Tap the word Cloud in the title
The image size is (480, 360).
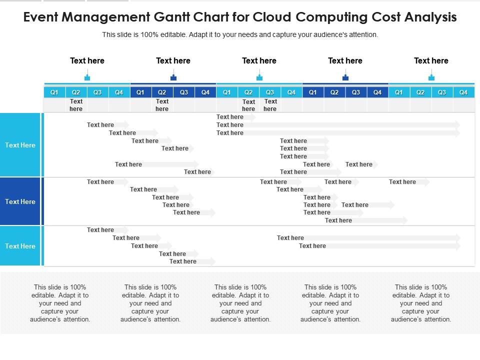pos(272,17)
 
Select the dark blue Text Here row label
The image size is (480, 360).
pos(20,201)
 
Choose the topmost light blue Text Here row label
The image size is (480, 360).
pos(20,145)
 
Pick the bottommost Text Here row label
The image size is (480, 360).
pos(20,246)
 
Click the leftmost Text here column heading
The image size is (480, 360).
pos(87,60)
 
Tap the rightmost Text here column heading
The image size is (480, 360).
pos(431,60)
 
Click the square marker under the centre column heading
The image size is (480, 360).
pos(259,77)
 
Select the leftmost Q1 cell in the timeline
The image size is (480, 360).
pos(54,92)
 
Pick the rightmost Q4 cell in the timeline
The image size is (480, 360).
pos(463,92)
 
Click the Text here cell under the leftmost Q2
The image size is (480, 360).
pos(76,105)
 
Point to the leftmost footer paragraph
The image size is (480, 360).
pos(60,303)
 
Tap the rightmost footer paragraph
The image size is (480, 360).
pos(421,303)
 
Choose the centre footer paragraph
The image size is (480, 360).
pos(240,303)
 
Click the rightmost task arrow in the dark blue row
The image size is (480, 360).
pos(409,182)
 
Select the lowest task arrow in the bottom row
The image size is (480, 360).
pos(192,261)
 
